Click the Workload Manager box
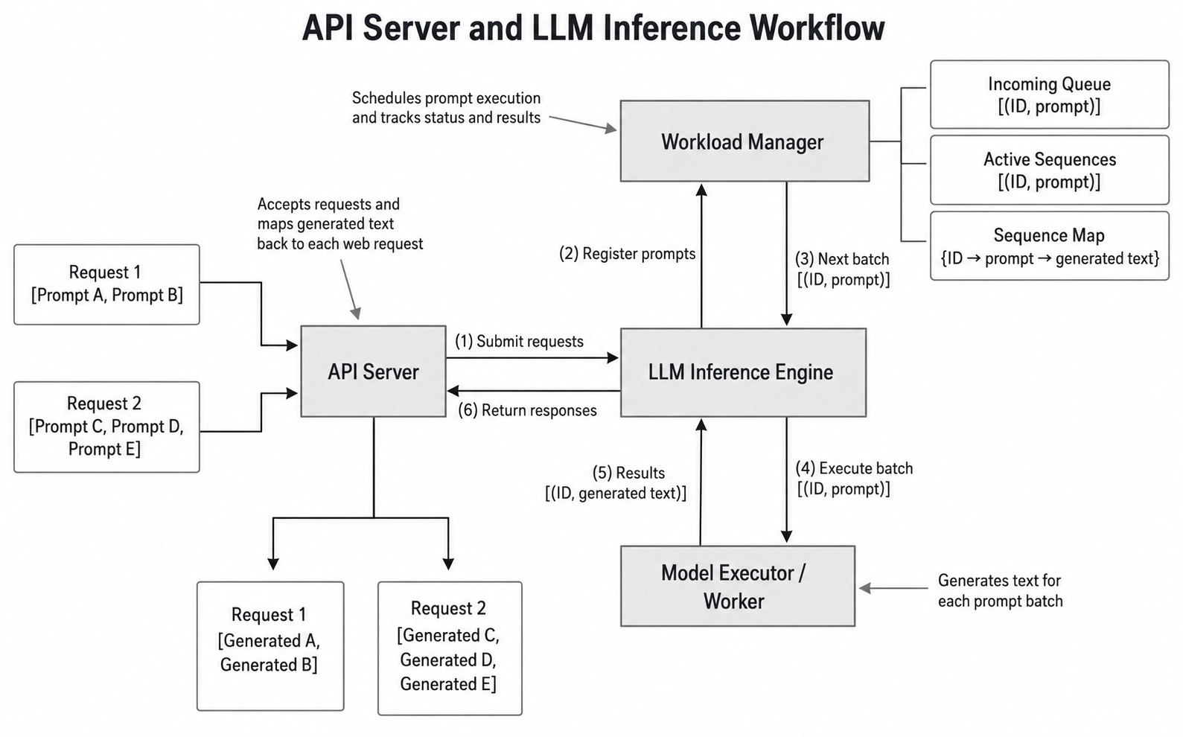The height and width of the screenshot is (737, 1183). coord(744,141)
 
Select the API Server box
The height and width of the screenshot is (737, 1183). coord(374,371)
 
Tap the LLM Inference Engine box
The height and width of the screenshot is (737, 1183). coord(743,372)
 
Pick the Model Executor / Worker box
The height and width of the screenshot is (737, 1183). coord(737,586)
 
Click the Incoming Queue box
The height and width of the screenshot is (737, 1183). coord(1050,95)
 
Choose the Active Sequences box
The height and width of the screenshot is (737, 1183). coord(1050,170)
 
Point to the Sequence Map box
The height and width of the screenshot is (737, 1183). coord(1050,246)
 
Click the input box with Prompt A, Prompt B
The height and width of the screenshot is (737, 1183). coord(106,284)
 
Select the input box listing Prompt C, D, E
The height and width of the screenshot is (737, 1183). coord(106,427)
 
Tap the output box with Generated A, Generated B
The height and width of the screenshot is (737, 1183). coord(270,646)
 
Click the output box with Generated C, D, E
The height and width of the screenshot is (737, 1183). coord(450,648)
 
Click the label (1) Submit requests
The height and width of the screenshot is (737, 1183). coord(519,342)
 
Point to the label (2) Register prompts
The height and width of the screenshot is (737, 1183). coord(628,254)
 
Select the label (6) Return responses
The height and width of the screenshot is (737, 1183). coord(527,410)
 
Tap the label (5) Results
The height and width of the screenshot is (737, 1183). coord(628,473)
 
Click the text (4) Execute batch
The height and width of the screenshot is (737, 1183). coord(854,468)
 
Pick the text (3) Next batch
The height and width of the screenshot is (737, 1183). coord(842,259)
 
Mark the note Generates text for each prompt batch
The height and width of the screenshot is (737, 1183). coord(1001,591)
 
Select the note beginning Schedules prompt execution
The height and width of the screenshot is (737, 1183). coord(446,108)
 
